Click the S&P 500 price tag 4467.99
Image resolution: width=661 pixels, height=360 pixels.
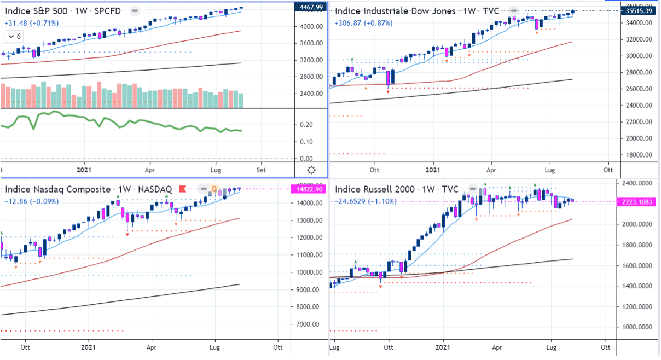click(x=310, y=7)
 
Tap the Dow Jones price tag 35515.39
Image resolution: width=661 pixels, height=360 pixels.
click(x=639, y=10)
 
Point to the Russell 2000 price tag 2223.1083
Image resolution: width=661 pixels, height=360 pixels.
click(x=639, y=202)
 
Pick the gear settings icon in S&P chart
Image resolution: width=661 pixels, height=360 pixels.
click(x=311, y=170)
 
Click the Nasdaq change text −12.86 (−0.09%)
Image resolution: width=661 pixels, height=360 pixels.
click(x=32, y=201)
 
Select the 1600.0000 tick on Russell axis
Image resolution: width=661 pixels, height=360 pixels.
click(x=639, y=265)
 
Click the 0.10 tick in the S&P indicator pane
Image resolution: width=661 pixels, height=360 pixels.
click(x=306, y=142)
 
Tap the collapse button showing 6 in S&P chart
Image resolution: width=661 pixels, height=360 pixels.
click(x=14, y=36)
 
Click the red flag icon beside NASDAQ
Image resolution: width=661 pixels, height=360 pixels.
click(x=182, y=189)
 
